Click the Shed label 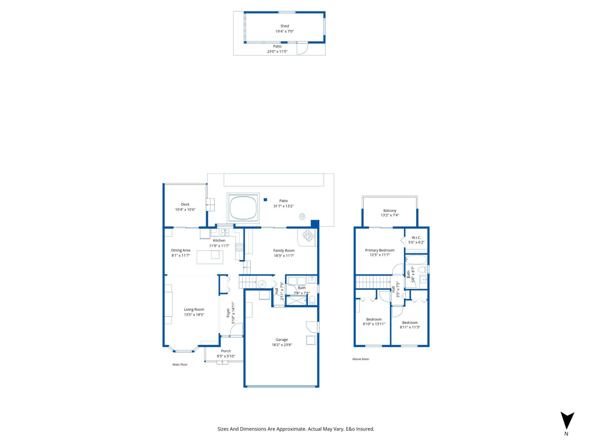click(x=284, y=26)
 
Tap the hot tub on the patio click(x=243, y=208)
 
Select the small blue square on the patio click(x=265, y=200)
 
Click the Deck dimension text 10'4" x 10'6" click(x=185, y=209)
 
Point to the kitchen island click(x=210, y=257)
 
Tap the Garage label click(x=282, y=340)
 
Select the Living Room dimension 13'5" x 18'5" click(x=194, y=315)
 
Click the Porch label click(x=226, y=351)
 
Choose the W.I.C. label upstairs click(x=416, y=238)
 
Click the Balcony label click(x=390, y=211)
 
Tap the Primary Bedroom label click(x=380, y=250)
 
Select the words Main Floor click(x=180, y=364)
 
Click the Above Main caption click(x=360, y=359)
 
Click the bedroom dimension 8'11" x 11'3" click(x=410, y=327)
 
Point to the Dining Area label click(x=181, y=250)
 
